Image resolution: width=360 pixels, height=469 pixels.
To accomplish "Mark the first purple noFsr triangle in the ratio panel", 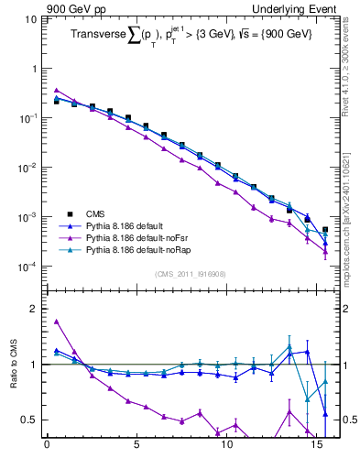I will (x=56, y=322).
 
